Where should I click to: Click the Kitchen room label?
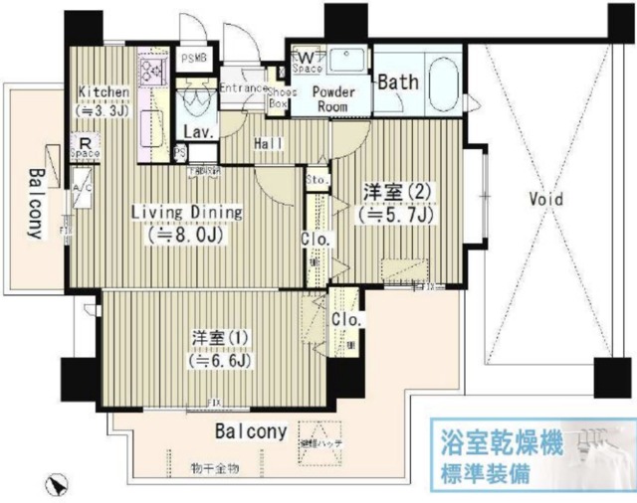click(x=104, y=93)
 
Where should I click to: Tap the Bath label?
click(x=397, y=84)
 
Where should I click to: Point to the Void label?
click(x=545, y=199)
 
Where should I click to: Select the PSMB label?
click(x=193, y=58)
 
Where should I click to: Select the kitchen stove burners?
click(x=154, y=69)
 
